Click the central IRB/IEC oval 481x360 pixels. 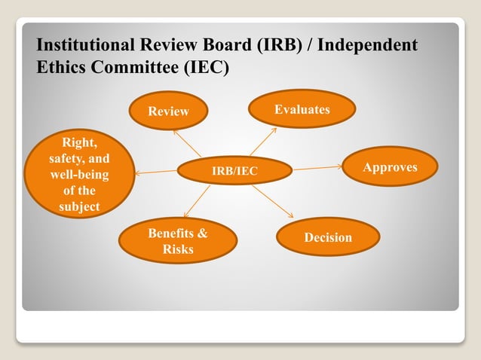coord(234,172)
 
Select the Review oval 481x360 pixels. coord(168,111)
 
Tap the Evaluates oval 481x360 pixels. coord(302,110)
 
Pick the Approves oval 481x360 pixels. coord(390,167)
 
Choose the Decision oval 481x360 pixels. coord(328,237)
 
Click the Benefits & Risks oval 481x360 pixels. coord(178,241)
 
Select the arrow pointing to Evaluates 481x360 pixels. coord(264,142)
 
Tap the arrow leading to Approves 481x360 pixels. coord(317,168)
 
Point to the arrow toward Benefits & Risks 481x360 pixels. coord(198,204)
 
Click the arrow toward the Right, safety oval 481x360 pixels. coord(156,172)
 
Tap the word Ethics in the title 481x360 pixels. coord(60,67)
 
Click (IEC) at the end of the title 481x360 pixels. coord(207,67)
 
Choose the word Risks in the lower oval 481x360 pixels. coord(178,249)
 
